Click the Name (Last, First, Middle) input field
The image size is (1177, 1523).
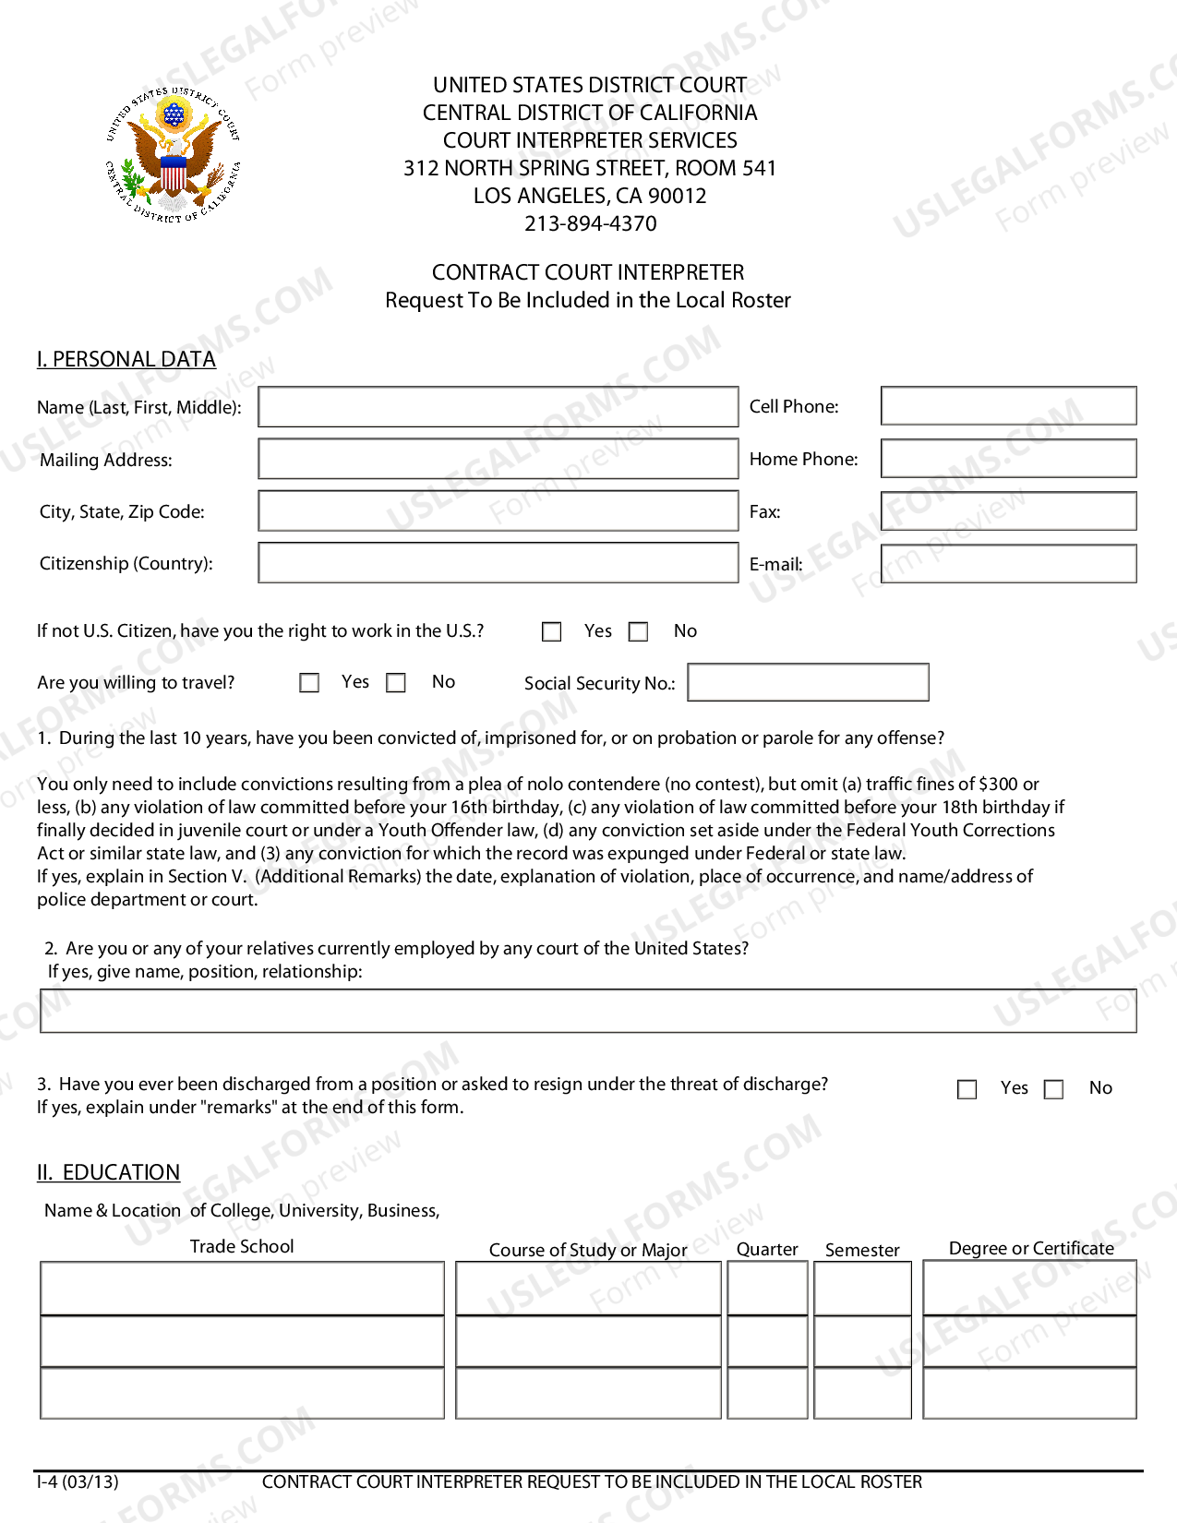(x=498, y=407)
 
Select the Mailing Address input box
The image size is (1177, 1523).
(x=498, y=459)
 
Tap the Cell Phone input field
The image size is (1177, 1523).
(x=1008, y=406)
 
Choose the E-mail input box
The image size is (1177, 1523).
(x=1008, y=564)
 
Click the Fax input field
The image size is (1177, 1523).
(x=1008, y=511)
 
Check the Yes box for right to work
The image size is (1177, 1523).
(x=552, y=631)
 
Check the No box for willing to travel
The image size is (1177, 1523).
(x=396, y=683)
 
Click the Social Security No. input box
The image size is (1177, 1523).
(x=808, y=682)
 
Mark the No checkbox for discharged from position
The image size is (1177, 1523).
(x=1053, y=1089)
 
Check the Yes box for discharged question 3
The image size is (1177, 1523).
(x=967, y=1089)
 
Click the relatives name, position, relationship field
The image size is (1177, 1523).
(x=588, y=1011)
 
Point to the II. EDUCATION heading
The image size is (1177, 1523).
(x=109, y=1172)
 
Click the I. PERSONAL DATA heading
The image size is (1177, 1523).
(x=126, y=359)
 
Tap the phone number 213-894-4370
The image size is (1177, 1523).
(x=590, y=223)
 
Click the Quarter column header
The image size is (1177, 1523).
(x=766, y=1249)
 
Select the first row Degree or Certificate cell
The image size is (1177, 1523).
(x=1029, y=1289)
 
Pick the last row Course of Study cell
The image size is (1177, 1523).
(x=588, y=1393)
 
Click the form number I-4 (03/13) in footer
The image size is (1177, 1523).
(x=78, y=1482)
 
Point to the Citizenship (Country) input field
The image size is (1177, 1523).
(x=498, y=563)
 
